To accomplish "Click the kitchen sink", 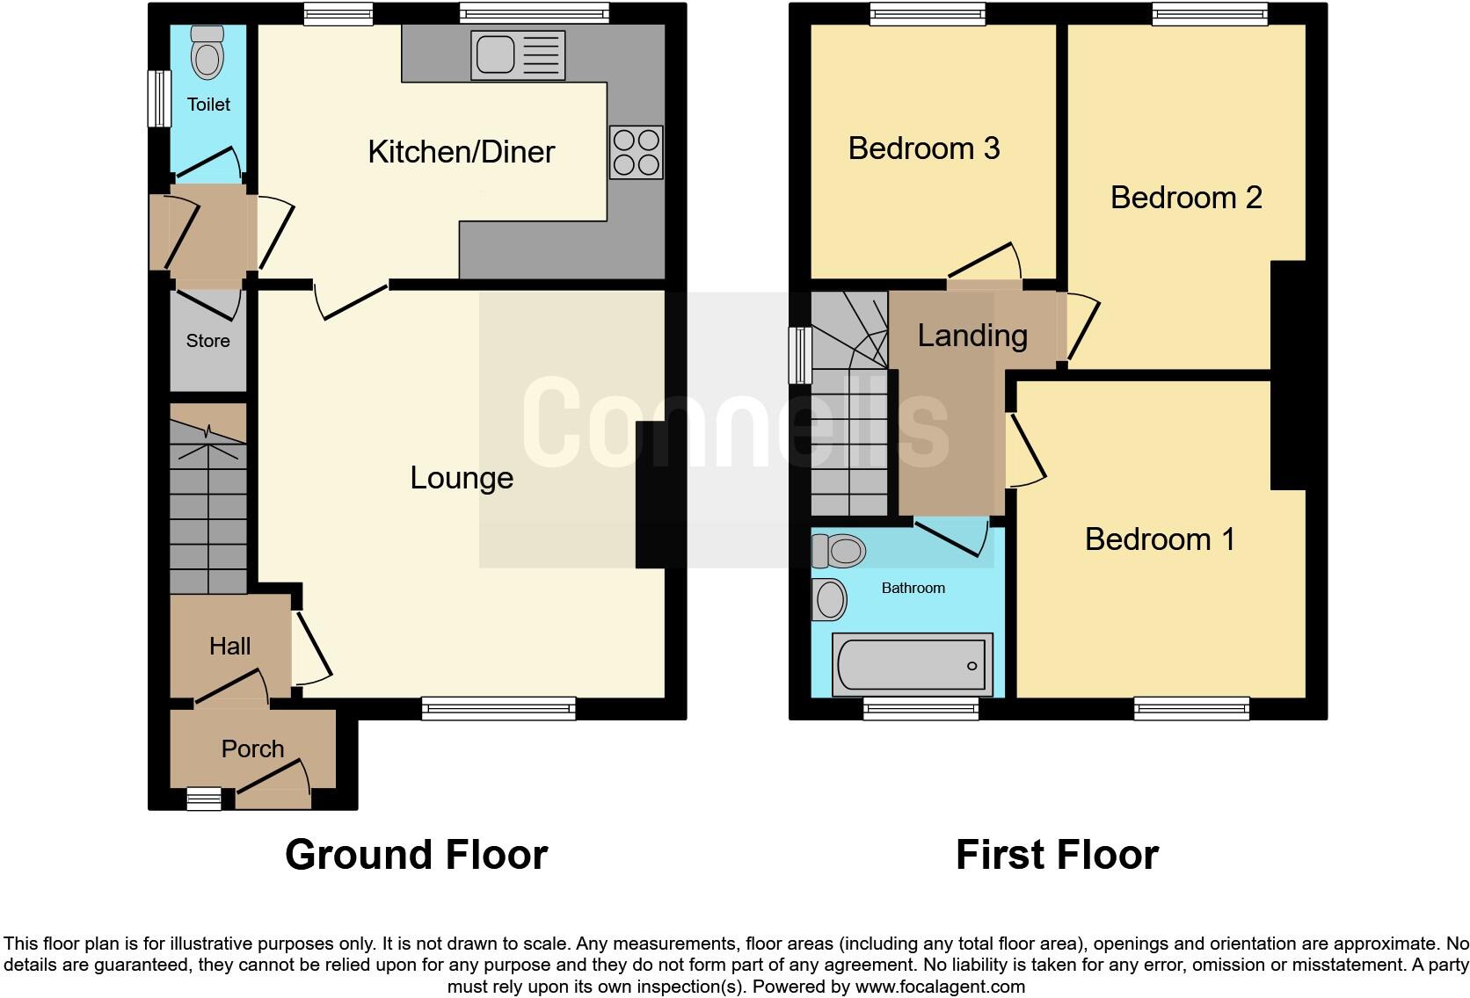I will point(517,55).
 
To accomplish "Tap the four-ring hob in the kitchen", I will point(636,153).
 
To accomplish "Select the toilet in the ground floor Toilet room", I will point(207,54).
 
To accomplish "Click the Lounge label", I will point(462,478).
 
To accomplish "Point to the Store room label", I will point(207,341).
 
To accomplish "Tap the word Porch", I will point(252,749).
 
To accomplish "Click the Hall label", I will point(229,647).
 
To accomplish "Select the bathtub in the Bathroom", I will point(912,664).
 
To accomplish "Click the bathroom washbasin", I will point(829,600).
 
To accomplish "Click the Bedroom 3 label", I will point(923,148).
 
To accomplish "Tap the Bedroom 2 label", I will point(1185,198).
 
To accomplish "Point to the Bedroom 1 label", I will point(1159,539).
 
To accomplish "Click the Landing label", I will point(972,336).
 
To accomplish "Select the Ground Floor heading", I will point(416,855).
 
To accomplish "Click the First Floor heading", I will point(1056,855).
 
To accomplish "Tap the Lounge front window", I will point(498,708).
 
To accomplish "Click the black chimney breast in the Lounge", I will point(650,495).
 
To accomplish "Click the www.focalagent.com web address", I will point(939,987).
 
